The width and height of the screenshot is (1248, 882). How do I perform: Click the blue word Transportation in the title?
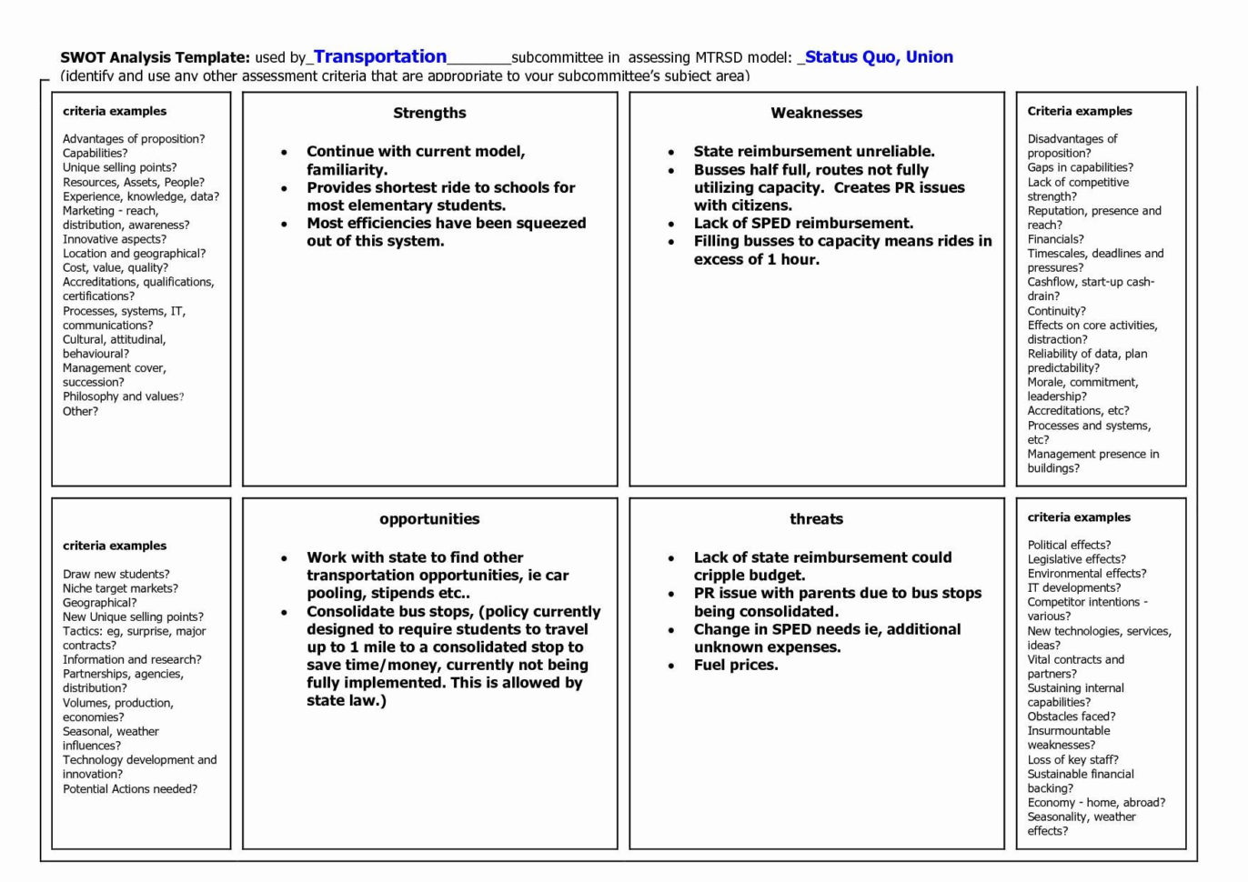tap(380, 56)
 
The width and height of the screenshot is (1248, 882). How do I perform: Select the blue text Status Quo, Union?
tap(879, 56)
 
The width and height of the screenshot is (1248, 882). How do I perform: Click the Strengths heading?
tap(429, 113)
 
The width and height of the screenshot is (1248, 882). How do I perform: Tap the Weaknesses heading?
tap(816, 113)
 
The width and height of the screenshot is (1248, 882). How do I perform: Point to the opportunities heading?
tap(429, 519)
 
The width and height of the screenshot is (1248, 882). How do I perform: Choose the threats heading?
tap(816, 519)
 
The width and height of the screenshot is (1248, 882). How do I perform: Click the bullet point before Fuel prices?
tap(671, 666)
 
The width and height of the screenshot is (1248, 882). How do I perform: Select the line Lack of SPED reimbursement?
tap(803, 223)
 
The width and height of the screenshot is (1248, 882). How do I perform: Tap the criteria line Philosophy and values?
tap(123, 396)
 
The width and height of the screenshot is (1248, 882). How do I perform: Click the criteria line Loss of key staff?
tap(1072, 759)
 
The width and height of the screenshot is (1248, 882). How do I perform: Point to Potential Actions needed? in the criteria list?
tap(129, 789)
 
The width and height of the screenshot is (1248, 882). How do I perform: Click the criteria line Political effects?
tap(1069, 545)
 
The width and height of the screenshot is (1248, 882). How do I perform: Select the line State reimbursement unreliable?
tap(814, 151)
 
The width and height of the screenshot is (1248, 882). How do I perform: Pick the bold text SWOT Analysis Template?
tap(155, 57)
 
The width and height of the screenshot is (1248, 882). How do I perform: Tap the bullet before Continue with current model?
tap(285, 152)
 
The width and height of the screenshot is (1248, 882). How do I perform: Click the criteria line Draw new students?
tap(116, 574)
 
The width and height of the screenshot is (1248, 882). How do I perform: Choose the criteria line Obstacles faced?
tap(1071, 717)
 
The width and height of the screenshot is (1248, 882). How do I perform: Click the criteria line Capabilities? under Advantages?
tap(95, 153)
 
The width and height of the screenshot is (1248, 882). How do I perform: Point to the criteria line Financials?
tap(1055, 239)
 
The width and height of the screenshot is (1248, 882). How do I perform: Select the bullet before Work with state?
tap(285, 558)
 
